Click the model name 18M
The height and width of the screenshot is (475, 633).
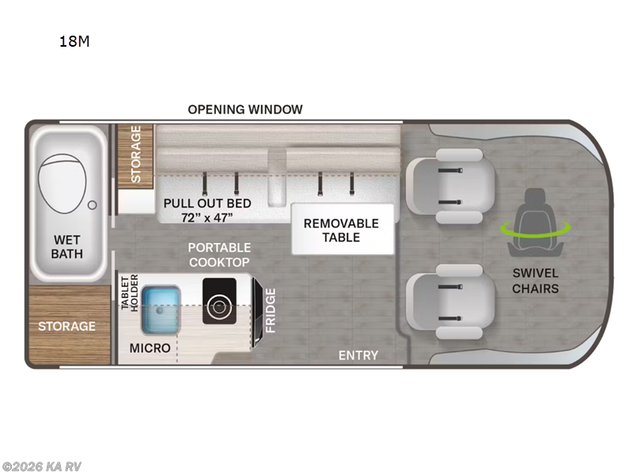tap(74, 41)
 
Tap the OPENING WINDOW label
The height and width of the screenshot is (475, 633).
tap(245, 109)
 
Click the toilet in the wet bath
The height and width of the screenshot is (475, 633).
tap(63, 183)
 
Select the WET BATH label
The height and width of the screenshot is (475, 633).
tap(67, 247)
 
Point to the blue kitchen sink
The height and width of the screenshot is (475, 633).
tap(161, 310)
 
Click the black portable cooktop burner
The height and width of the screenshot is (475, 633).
tap(219, 301)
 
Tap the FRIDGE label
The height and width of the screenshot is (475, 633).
tap(270, 310)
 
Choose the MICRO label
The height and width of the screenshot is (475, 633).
tap(150, 348)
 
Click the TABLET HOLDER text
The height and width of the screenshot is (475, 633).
tap(130, 292)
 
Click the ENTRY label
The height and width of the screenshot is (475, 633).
tap(358, 355)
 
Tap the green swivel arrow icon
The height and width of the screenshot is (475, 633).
tap(536, 230)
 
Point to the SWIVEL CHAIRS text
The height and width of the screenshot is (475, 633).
tap(536, 281)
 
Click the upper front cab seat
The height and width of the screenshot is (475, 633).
tap(451, 186)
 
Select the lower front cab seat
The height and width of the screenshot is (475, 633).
tap(451, 302)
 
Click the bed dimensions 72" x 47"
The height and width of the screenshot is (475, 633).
tap(207, 218)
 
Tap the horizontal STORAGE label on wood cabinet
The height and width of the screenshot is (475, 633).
tap(66, 326)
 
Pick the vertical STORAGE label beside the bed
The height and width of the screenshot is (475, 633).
tap(135, 154)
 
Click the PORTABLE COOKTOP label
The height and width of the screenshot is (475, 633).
tap(219, 255)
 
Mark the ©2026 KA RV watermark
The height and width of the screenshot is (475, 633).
tap(41, 466)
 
